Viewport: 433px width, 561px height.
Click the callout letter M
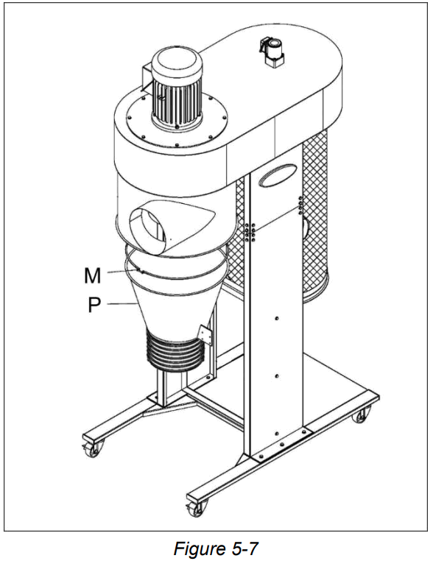pyautogui.click(x=91, y=276)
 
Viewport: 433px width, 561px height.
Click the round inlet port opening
pyautogui.click(x=147, y=225)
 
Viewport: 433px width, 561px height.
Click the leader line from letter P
pyautogui.click(x=118, y=303)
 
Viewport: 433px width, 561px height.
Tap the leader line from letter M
pyautogui.click(x=121, y=272)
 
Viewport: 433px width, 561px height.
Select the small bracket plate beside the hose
pyautogui.click(x=208, y=336)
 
